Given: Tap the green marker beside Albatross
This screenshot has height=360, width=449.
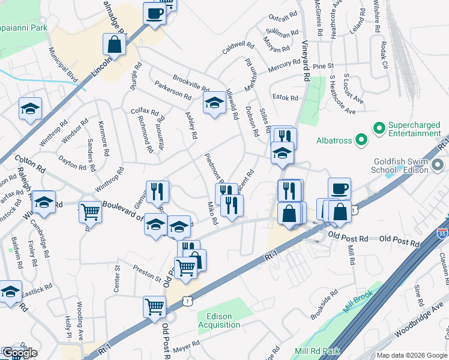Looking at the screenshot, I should [361, 141].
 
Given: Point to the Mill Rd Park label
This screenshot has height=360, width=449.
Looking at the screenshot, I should [317, 351].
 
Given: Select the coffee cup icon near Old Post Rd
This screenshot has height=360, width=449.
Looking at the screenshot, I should [339, 188].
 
